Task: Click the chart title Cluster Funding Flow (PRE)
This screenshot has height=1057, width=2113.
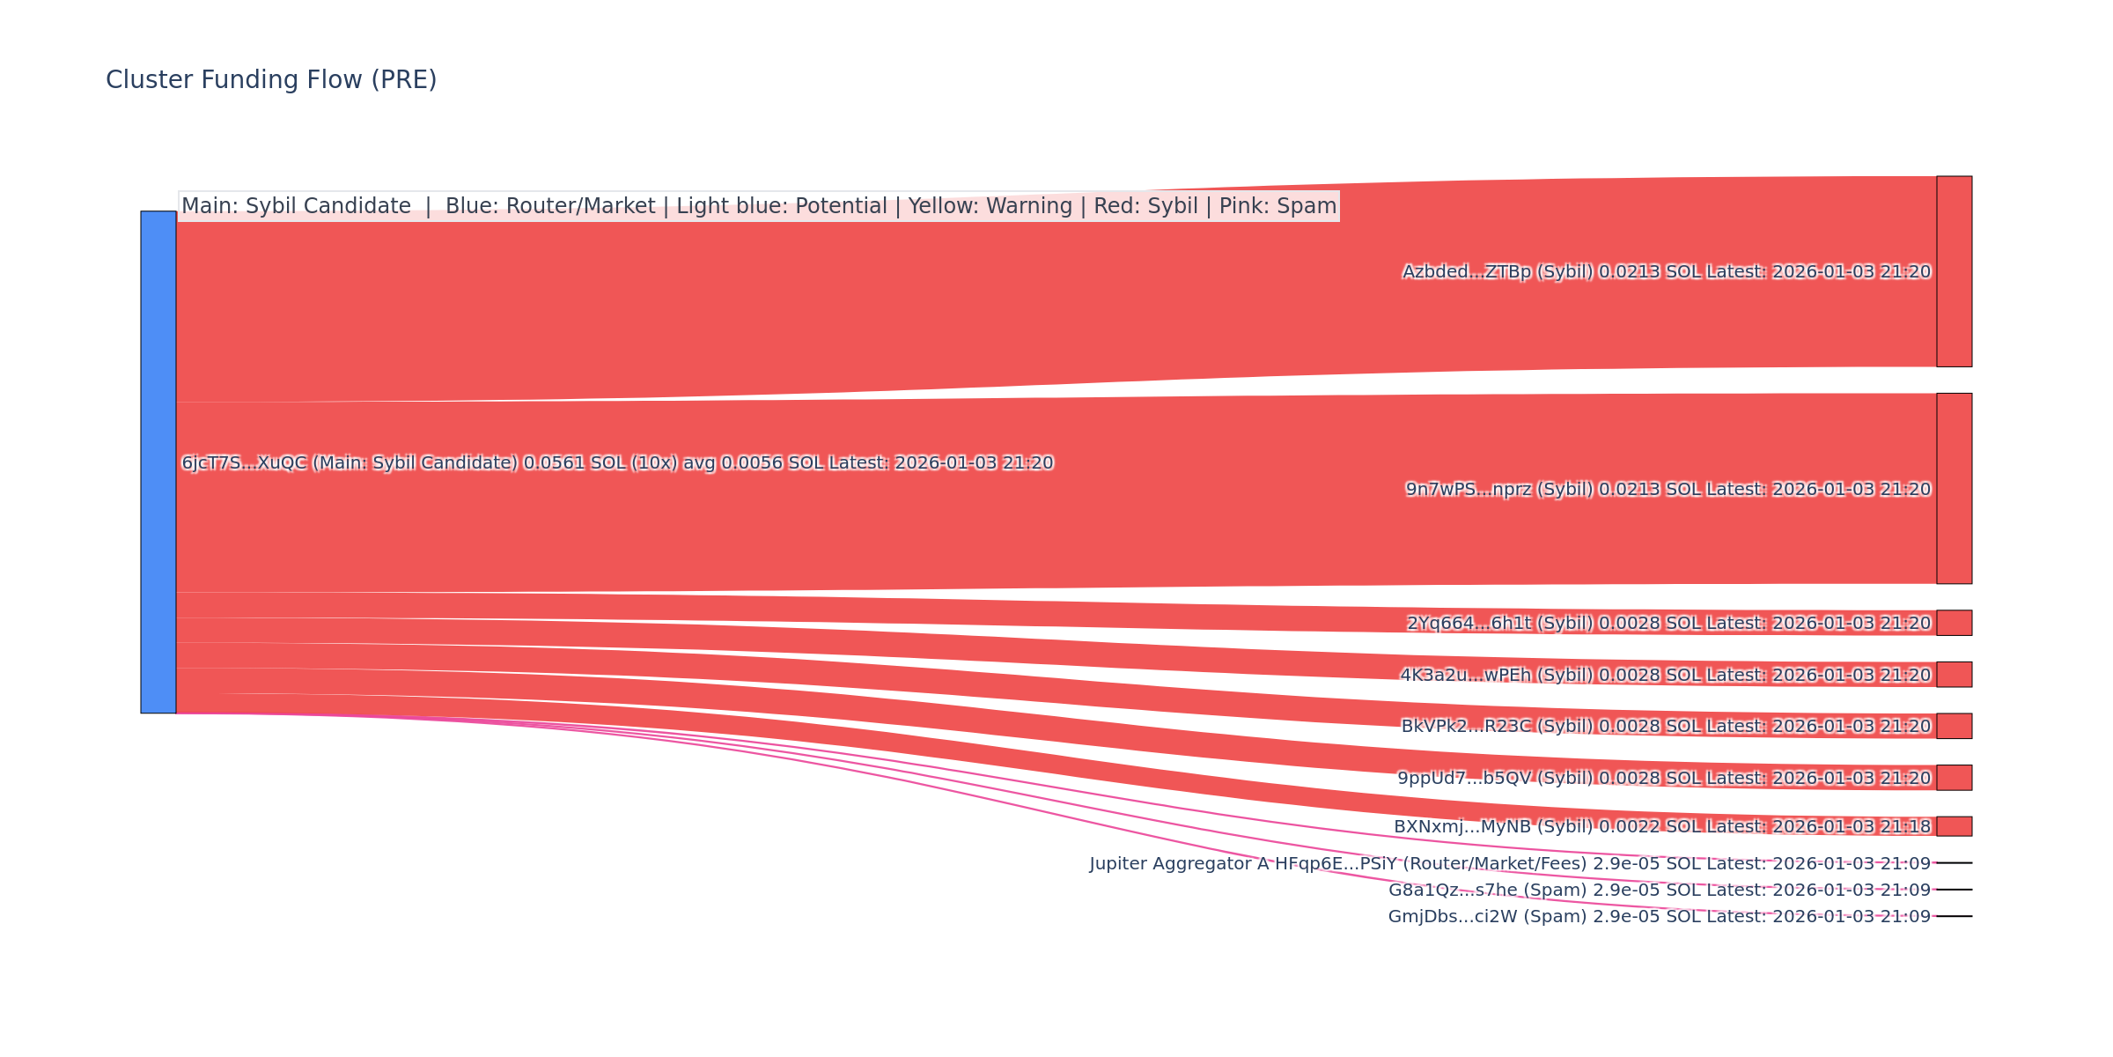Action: click(x=271, y=80)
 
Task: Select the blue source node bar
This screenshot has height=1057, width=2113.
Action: click(x=158, y=462)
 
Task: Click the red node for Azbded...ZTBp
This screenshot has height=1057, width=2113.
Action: click(x=1954, y=271)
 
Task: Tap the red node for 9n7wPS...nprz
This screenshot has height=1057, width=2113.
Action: click(x=1954, y=488)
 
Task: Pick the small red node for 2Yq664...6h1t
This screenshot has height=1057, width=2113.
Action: click(x=1954, y=623)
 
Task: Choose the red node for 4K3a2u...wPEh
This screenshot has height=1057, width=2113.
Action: click(x=1954, y=674)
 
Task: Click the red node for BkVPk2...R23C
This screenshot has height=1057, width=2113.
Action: click(x=1954, y=726)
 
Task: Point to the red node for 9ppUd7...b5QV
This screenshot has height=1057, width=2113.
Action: click(x=1954, y=778)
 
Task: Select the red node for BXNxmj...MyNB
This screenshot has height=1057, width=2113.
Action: click(x=1954, y=826)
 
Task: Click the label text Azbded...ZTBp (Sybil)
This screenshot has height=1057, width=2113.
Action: click(x=1497, y=272)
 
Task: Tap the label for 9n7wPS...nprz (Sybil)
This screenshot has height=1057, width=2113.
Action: click(x=1499, y=490)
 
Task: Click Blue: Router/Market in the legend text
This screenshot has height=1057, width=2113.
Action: click(x=550, y=206)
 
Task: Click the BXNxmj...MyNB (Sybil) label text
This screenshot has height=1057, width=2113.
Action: click(x=1493, y=827)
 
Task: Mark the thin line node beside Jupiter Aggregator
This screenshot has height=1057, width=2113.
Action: click(x=1954, y=863)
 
